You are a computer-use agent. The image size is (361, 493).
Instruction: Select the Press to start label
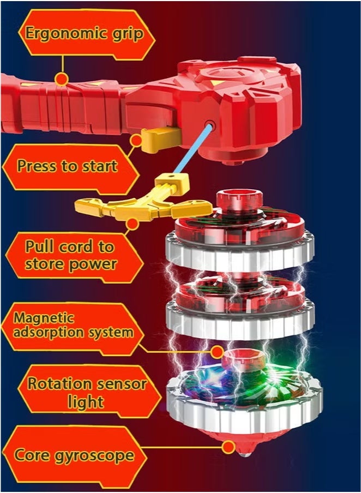click(67, 165)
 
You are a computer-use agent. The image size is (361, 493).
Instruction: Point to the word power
click(93, 264)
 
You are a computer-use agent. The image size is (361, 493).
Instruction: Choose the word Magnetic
click(44, 317)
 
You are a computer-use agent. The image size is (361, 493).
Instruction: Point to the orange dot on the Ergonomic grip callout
click(62, 80)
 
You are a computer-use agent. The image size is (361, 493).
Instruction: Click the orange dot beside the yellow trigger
click(136, 141)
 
